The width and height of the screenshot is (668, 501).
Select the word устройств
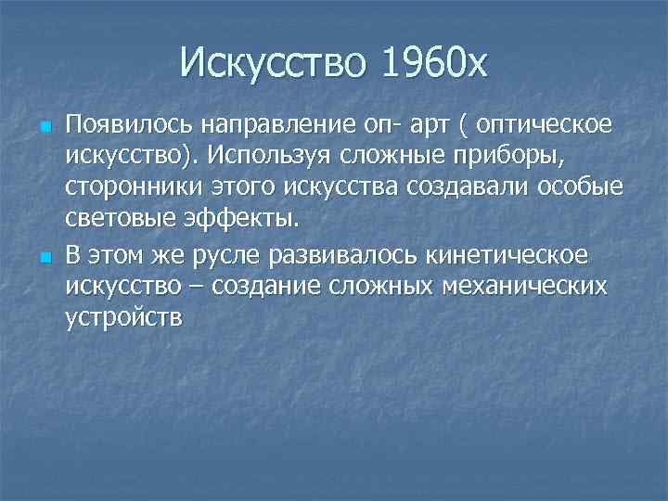125,316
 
